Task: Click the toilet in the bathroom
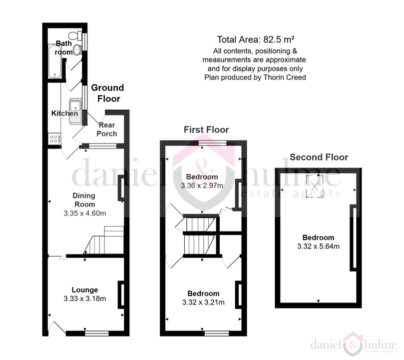75,35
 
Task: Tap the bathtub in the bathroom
55,61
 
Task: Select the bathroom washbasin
77,49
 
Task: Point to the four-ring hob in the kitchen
54,138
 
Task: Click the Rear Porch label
107,129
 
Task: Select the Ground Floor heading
108,93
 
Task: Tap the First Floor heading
206,129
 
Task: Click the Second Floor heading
319,157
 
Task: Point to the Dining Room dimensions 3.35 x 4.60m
85,213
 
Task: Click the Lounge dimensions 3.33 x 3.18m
85,298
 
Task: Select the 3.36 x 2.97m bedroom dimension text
202,185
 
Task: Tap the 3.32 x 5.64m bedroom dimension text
319,246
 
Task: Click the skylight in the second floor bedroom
315,186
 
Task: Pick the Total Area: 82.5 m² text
256,39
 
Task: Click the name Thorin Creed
285,77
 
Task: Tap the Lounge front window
96,333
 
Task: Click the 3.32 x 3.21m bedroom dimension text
203,302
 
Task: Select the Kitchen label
64,113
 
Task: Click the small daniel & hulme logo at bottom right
354,345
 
